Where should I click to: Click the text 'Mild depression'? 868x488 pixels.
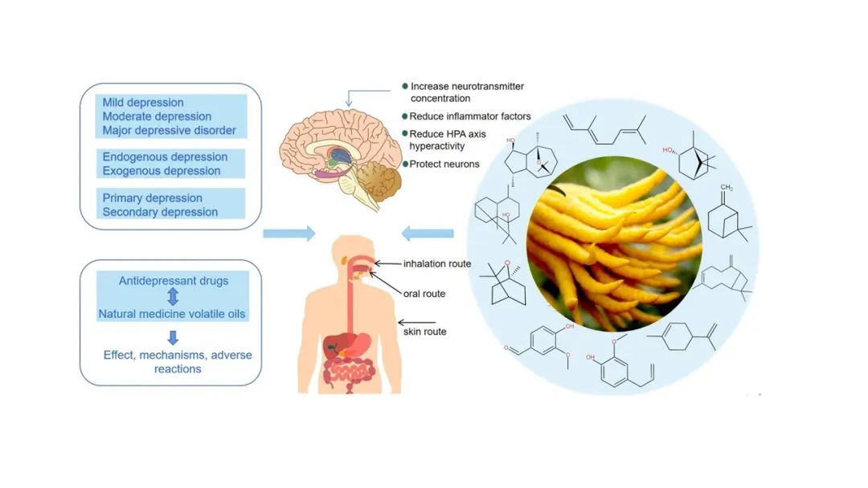[143, 103]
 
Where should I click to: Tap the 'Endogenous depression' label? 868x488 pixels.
[165, 157]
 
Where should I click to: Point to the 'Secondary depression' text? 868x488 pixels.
[160, 212]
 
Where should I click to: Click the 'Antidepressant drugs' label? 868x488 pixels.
[173, 281]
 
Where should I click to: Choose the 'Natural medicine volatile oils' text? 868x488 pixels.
[172, 314]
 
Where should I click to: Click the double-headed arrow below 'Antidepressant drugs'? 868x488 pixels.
[172, 297]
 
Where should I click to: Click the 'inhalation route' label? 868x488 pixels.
[436, 263]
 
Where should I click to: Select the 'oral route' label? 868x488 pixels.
[425, 294]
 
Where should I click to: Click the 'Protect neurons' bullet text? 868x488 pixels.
[444, 165]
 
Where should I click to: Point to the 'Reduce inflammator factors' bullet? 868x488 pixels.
[470, 116]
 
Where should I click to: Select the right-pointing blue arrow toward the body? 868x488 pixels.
[289, 234]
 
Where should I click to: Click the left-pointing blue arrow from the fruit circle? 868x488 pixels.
[427, 234]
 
